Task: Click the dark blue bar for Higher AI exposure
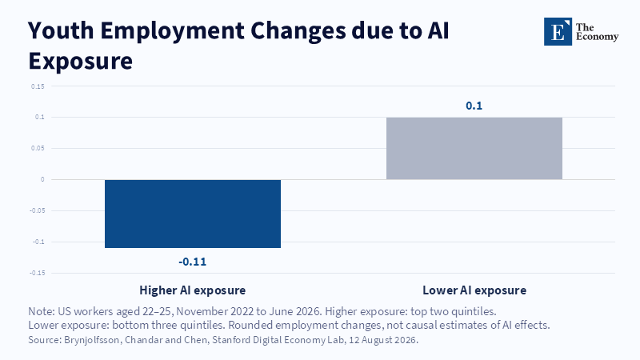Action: coord(193,214)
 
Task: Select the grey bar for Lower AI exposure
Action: coord(474,148)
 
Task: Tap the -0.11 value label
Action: coord(193,262)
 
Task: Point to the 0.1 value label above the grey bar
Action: coord(474,106)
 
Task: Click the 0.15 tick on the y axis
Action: coord(38,86)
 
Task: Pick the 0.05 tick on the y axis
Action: coord(38,148)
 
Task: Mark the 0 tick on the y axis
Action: coord(42,179)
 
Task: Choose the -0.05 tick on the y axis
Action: coord(37,210)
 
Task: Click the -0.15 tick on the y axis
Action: coord(37,273)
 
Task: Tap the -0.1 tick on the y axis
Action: coord(38,242)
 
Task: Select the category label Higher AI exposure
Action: coord(193,290)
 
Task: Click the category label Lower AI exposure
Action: coord(474,290)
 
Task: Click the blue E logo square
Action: coord(558,31)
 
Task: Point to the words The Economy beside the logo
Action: coord(597,32)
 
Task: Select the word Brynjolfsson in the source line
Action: coord(93,339)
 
